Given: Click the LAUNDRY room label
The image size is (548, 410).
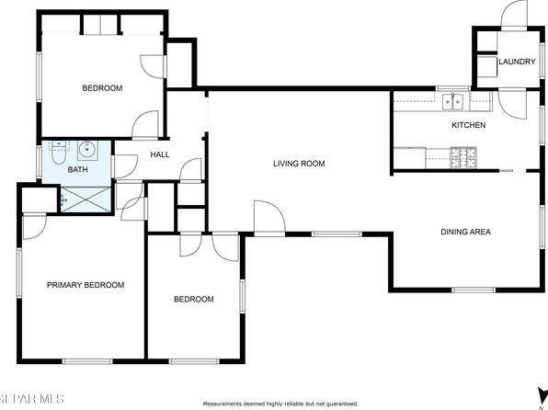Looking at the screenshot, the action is coord(517,62).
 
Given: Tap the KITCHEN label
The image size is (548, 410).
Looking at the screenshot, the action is coord(469,125).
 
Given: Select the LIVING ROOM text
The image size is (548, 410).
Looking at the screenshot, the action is coord(299,164).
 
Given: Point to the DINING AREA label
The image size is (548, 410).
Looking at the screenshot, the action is coord(465,232).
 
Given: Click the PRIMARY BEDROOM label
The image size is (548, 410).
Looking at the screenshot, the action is coord(86,285).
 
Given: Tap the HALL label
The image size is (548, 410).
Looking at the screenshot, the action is coord(160,154).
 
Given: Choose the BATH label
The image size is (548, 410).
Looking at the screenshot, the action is coord(77,169).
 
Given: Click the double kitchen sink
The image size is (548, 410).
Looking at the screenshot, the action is coord(453,102).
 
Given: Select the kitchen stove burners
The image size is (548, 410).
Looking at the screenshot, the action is coord(463,157).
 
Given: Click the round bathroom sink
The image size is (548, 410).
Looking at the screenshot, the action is coord(86,150).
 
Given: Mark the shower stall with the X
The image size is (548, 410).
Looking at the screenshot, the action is coord(86,199).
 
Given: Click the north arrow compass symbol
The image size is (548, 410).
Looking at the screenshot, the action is coord(542,394).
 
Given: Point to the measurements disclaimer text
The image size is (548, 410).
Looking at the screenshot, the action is coord(280,404).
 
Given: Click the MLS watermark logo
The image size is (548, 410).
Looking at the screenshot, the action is coord(32,399).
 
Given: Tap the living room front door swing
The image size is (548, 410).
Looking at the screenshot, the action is coord(269,218).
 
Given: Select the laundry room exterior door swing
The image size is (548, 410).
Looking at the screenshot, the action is coord(514,15).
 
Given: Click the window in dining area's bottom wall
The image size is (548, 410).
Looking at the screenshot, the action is coord(474,290).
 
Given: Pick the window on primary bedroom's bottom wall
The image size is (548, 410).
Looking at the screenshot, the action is coord(87,361).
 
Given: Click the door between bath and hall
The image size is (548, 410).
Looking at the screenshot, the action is coord(124,166).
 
